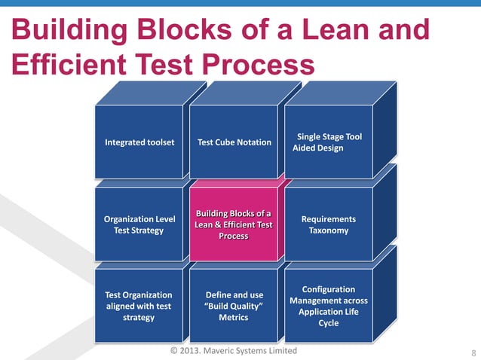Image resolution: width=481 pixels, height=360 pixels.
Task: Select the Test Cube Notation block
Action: point(234,142)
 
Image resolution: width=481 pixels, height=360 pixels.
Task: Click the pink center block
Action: point(234,224)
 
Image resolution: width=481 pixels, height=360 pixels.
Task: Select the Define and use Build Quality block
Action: point(234,306)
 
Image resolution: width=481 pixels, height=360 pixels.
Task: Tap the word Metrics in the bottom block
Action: point(234,317)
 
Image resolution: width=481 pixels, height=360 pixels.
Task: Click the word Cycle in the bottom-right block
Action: point(329,323)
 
